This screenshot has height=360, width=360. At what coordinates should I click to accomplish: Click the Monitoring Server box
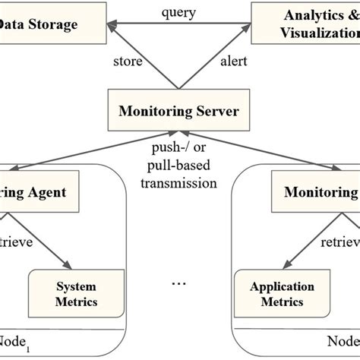click(x=179, y=112)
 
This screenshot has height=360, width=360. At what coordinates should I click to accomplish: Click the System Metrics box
click(x=77, y=294)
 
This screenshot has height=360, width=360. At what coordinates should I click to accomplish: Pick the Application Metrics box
click(x=283, y=294)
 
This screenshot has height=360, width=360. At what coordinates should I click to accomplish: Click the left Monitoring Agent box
click(x=42, y=192)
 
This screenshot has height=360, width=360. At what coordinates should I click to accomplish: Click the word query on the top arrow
click(x=179, y=12)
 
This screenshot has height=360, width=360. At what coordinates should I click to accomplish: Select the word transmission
click(x=179, y=183)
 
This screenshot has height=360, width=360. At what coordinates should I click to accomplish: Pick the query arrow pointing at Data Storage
click(x=152, y=25)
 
